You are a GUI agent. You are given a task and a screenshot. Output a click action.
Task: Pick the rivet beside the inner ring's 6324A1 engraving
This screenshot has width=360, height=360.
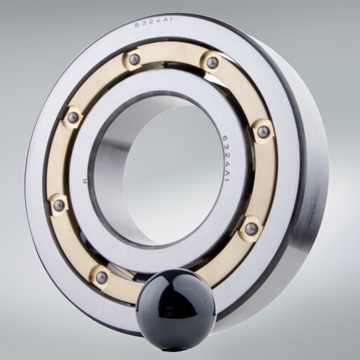pos(264,132)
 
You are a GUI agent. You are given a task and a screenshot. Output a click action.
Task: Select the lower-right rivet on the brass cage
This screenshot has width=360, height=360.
pos(251,229)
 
